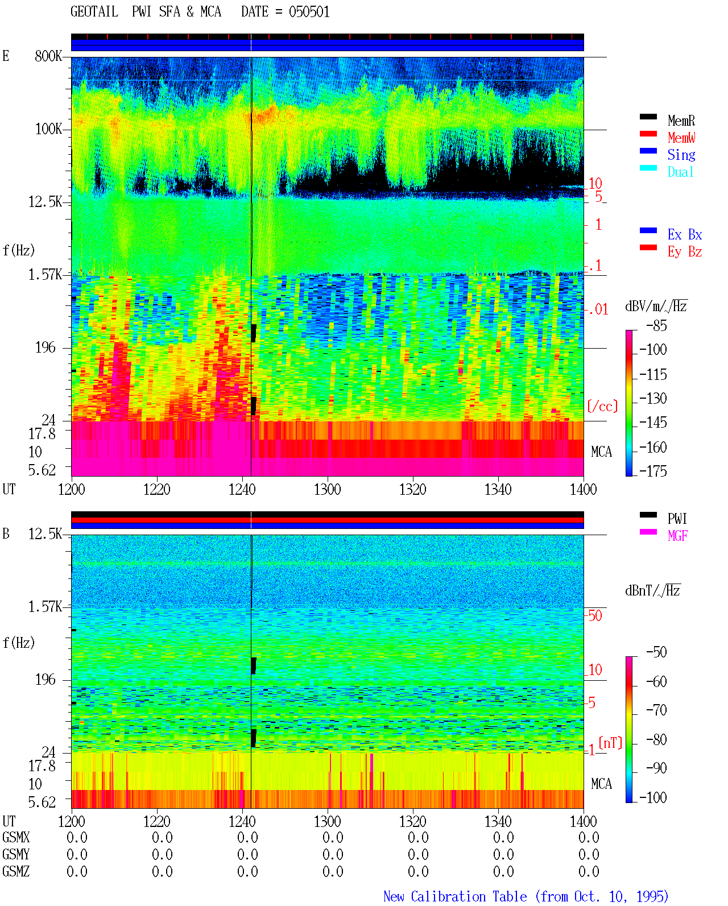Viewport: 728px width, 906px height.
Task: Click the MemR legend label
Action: tap(681, 121)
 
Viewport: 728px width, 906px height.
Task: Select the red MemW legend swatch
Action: tap(648, 134)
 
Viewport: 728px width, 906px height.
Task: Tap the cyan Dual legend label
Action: tap(680, 172)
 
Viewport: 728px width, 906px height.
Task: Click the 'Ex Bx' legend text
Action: tap(684, 234)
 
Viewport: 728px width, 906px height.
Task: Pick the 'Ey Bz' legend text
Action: tap(684, 252)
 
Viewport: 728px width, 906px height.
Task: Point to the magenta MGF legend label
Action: tap(677, 536)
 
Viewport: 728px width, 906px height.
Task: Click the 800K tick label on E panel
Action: tap(48, 56)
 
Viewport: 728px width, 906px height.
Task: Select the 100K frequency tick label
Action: tap(48, 129)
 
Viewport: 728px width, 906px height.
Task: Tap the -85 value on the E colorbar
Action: tap(656, 326)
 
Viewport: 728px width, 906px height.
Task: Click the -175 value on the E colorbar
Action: tap(653, 471)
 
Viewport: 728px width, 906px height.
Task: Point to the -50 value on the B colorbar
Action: tap(656, 652)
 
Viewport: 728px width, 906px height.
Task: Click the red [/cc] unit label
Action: tap(602, 406)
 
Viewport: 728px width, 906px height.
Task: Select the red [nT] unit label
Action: tap(610, 742)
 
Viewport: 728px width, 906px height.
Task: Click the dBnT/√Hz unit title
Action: tap(653, 590)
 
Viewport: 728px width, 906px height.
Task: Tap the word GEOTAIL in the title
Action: tap(94, 12)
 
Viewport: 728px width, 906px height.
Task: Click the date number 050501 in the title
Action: tap(309, 12)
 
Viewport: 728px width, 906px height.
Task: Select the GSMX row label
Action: tap(16, 837)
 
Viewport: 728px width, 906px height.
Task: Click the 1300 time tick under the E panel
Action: tap(327, 490)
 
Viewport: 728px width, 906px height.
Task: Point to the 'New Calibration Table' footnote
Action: tap(455, 896)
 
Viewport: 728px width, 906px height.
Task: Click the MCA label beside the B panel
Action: tap(601, 784)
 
